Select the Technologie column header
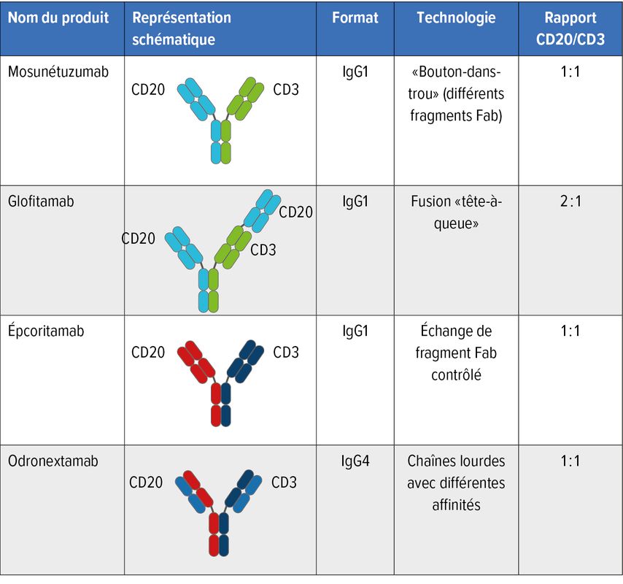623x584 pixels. pos(456,18)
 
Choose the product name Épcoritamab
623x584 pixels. pos(46,331)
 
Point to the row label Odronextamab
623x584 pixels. pos(53,461)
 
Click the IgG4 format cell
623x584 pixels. pos(355,461)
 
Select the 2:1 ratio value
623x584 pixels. pos(570,201)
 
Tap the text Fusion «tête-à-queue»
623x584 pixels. pos(457,212)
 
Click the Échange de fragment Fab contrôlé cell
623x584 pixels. pos(457,353)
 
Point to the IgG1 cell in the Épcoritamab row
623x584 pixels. pos(355,331)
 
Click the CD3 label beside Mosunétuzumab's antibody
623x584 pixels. pos(286,90)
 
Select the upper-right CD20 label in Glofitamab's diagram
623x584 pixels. pos(295,212)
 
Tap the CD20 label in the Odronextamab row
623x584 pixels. pos(147,483)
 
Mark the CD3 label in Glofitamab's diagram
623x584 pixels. pos(263,250)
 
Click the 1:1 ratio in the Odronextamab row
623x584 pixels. pos(570,461)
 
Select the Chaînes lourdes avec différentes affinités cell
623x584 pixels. pos(457,483)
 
